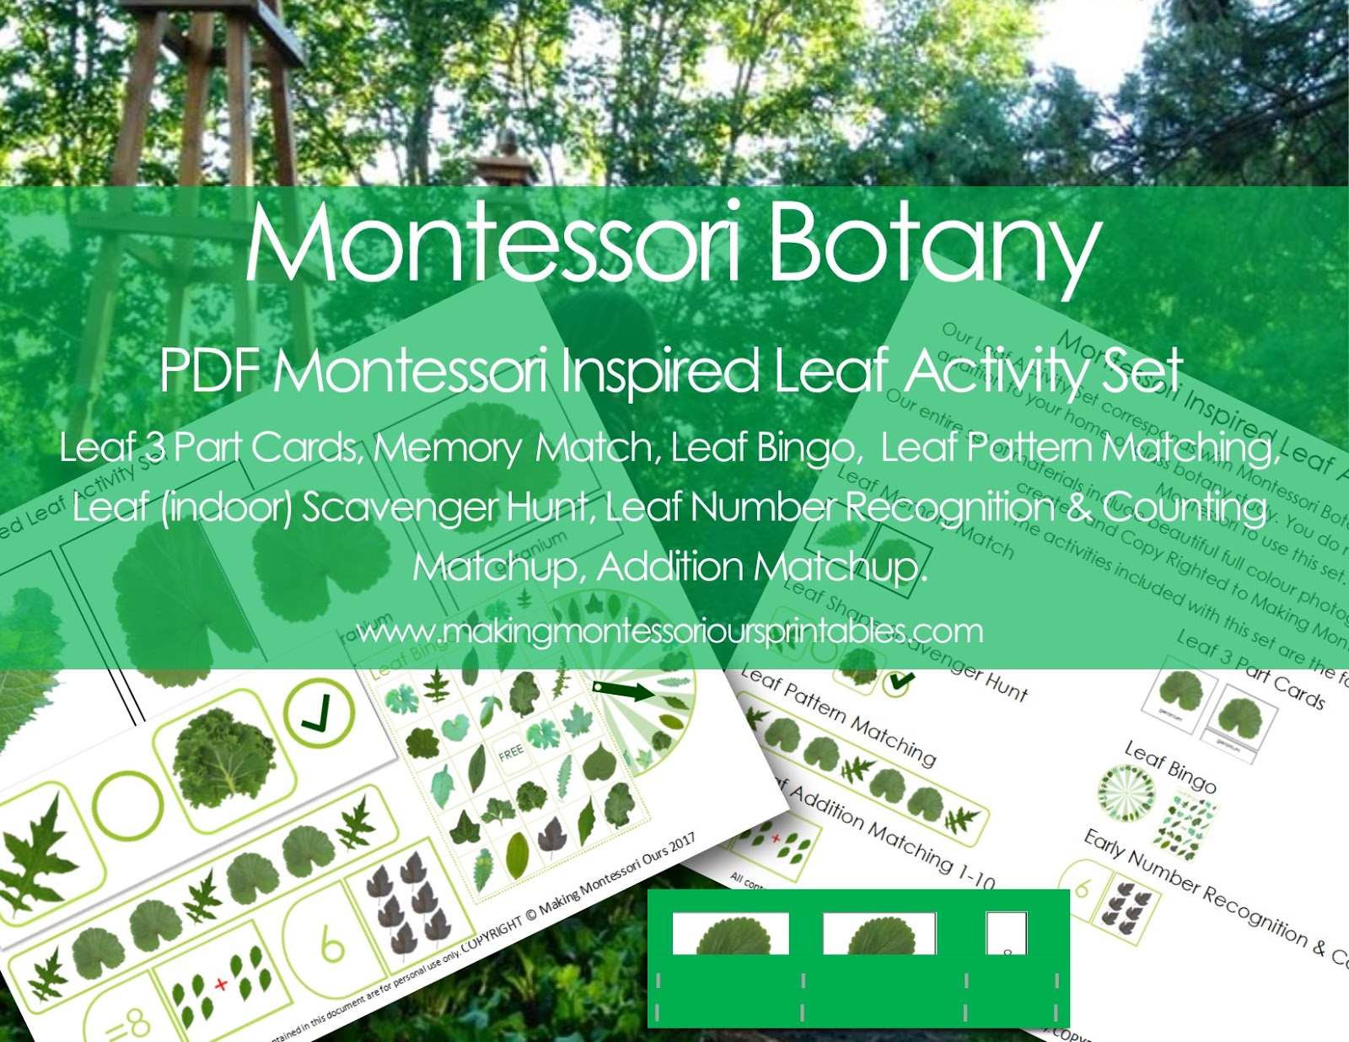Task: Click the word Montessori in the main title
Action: tap(493, 244)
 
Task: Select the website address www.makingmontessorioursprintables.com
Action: tap(669, 631)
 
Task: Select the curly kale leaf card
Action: tap(223, 753)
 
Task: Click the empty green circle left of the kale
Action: tap(126, 804)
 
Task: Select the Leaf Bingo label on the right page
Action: tap(1170, 766)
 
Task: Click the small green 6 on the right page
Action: tap(1083, 889)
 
